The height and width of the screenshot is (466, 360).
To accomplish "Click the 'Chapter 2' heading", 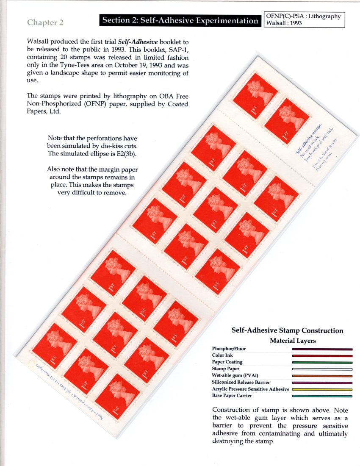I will [x=45, y=22].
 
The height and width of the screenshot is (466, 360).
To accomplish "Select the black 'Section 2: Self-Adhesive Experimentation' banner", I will [x=180, y=21].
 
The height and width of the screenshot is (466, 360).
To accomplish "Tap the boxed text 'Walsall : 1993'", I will [x=283, y=23].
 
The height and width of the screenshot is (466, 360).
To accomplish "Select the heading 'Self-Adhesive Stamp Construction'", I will [x=287, y=330].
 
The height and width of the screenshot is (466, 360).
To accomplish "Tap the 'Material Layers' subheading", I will [x=293, y=341].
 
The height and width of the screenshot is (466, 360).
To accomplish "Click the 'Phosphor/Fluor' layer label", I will [x=228, y=349].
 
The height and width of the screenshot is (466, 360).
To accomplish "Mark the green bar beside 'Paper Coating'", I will [x=322, y=363].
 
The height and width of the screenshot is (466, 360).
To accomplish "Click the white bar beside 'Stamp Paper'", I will [x=322, y=369].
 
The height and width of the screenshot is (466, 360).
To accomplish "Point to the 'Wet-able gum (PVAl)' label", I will [x=235, y=375].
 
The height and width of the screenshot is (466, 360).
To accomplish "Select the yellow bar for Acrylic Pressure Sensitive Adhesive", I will [x=322, y=389].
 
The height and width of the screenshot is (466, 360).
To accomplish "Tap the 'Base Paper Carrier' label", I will [x=232, y=396].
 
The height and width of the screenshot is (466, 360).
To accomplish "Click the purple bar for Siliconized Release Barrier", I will [x=322, y=383].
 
